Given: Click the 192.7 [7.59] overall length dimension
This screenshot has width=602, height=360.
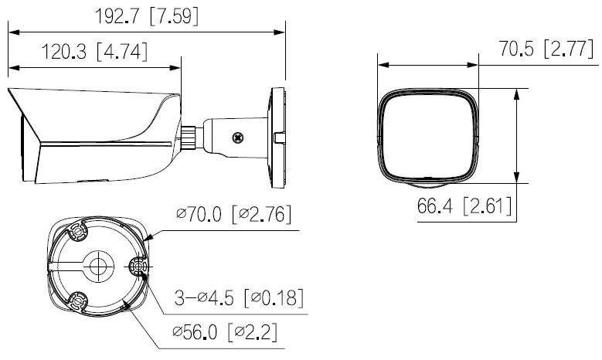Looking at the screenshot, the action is (147, 17).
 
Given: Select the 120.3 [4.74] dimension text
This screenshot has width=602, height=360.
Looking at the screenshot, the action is (94, 52).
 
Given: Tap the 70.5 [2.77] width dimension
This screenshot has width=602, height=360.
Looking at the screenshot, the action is (546, 49).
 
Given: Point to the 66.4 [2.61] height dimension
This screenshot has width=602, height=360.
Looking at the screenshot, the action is (464, 205).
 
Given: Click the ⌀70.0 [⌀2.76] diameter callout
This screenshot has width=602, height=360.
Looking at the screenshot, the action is (234, 214).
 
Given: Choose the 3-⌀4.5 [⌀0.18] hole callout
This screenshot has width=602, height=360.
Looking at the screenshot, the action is (239, 297).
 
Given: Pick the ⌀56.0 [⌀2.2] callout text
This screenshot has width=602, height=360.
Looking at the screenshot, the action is (225, 332).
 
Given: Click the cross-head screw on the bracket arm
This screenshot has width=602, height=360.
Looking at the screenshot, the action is (239, 138).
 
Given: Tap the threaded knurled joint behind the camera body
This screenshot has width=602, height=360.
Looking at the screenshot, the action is (189, 137).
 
